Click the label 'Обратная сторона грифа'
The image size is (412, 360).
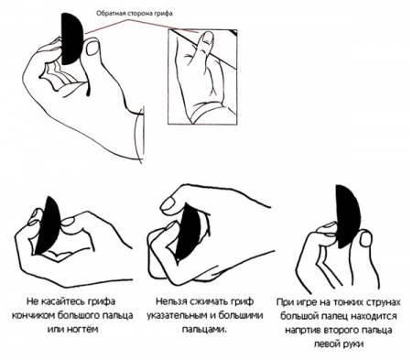[x=135, y=14]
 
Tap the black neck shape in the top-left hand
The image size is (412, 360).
[x=71, y=38]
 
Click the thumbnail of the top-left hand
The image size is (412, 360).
[x=92, y=49]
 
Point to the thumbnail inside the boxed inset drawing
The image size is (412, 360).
[x=209, y=37]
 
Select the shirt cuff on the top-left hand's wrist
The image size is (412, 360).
[x=139, y=135]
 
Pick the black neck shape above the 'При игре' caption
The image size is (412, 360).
[x=347, y=216]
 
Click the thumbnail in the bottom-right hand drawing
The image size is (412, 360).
[x=365, y=239]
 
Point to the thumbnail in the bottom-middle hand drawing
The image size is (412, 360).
[x=170, y=202]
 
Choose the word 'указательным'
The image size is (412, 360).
[x=179, y=316]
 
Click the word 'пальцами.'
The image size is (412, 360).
[x=205, y=330]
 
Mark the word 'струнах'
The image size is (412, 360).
[x=383, y=302]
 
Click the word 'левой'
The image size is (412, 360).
[x=328, y=344]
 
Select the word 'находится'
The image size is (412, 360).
[x=374, y=316]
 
